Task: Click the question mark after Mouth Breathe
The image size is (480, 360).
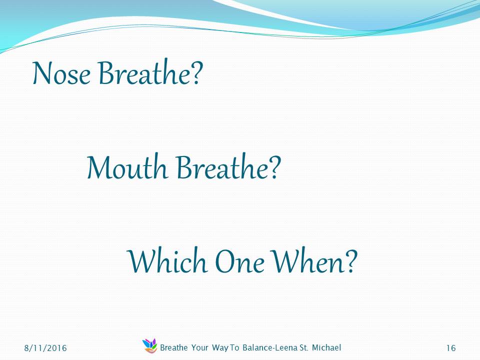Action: (x=275, y=167)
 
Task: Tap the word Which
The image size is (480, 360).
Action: (x=167, y=260)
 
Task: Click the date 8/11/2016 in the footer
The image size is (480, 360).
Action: (x=45, y=348)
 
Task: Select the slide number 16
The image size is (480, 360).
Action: (x=451, y=348)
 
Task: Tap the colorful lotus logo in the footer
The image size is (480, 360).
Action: (x=149, y=345)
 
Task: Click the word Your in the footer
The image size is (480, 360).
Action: (x=199, y=348)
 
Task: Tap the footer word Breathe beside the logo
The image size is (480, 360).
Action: (x=174, y=348)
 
